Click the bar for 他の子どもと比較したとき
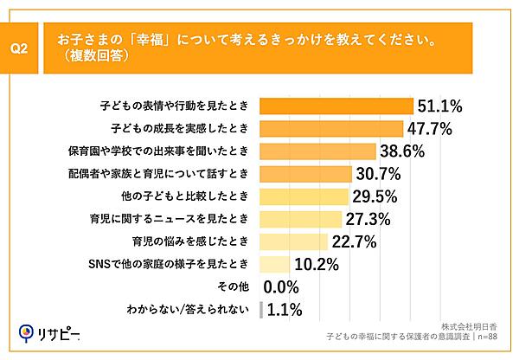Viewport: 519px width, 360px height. pyautogui.click(x=303, y=196)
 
